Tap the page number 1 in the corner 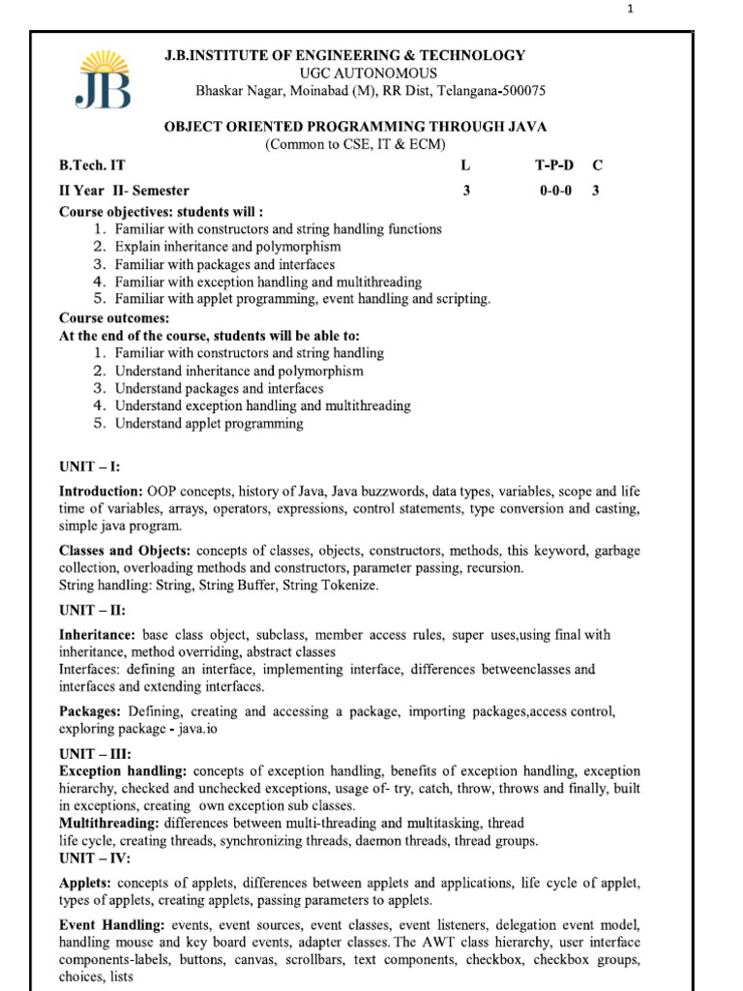pos(631,11)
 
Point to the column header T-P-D pos(554,166)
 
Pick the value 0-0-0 pos(555,191)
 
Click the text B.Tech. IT pos(92,166)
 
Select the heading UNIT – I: pos(90,466)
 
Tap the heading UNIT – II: pos(93,611)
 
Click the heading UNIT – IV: pos(95,858)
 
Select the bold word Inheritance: pos(98,635)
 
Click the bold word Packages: pos(91,711)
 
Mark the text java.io pos(196,729)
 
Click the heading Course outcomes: pos(114,318)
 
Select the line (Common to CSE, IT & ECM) pos(357,144)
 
